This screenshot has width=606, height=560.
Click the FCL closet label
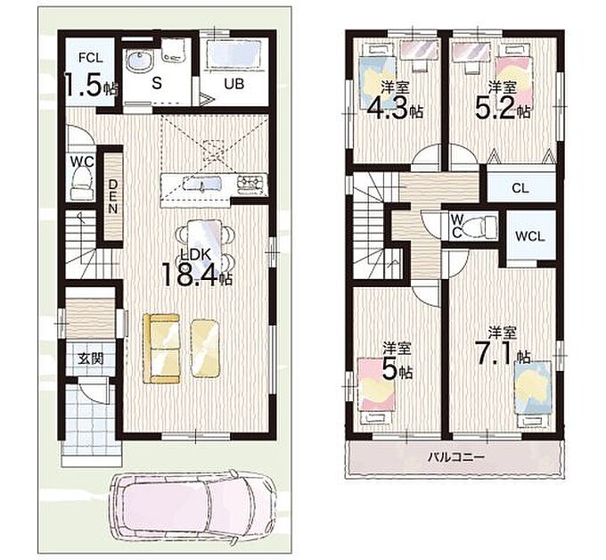tap(90, 58)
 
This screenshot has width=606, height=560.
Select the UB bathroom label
tap(234, 84)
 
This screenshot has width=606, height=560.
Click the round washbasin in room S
tap(137, 62)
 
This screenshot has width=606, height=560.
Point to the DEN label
tap(113, 196)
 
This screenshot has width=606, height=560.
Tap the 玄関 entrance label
tap(90, 358)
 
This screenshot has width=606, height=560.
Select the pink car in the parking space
tap(192, 506)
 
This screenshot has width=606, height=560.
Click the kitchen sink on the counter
tap(201, 184)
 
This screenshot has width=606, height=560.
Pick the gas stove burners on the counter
tap(251, 182)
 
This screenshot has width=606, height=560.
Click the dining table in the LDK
tap(205, 246)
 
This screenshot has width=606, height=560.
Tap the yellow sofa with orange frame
tap(161, 349)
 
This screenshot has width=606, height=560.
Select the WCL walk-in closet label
tap(530, 236)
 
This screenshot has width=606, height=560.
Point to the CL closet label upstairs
tap(520, 188)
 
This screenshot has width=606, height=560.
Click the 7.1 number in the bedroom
tap(495, 354)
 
